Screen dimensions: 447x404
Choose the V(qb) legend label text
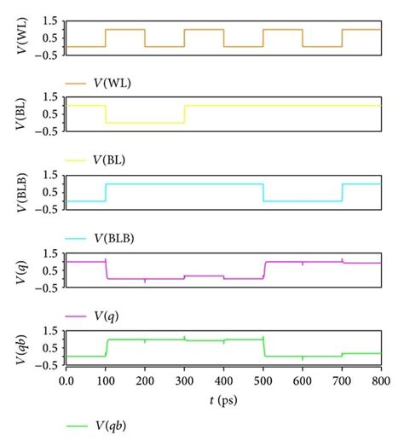pyautogui.click(x=112, y=424)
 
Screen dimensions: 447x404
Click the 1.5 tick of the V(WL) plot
pyautogui.click(x=50, y=20)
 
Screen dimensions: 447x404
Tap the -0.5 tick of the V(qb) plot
pyautogui.click(x=48, y=365)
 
